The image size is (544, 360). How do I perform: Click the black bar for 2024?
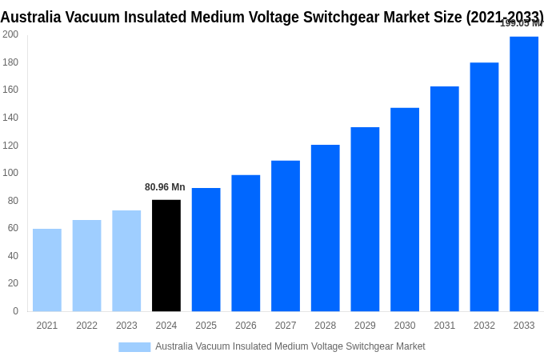166,255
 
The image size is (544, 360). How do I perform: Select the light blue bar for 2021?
47,270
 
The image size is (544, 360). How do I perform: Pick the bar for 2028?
326,228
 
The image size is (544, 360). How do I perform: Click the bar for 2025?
206,250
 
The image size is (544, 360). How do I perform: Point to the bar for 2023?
126,261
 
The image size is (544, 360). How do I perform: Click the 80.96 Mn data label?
165,187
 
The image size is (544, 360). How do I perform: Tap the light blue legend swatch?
134,346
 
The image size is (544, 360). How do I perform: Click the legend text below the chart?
290,346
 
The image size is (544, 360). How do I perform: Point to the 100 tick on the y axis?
10,173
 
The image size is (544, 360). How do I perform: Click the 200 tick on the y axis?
10,34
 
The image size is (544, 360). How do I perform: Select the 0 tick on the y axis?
15,311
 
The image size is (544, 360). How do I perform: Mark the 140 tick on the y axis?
10,118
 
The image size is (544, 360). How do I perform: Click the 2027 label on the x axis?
286,326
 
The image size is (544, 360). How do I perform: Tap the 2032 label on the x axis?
484,326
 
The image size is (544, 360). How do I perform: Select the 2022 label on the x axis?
86,326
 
